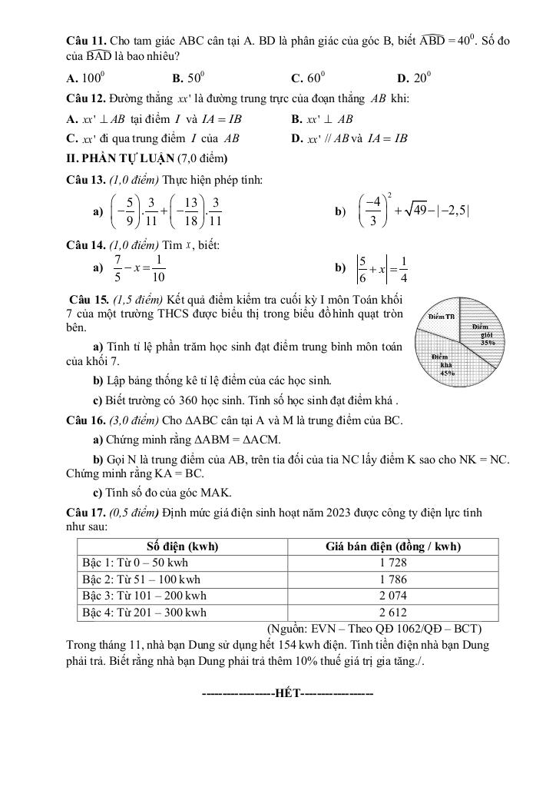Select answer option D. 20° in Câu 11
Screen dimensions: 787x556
[x=415, y=78]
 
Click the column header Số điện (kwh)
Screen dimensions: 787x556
[x=182, y=546]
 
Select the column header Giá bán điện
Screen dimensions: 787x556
[x=392, y=546]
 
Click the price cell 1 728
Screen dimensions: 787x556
[x=392, y=563]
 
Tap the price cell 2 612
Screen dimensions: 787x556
[x=392, y=613]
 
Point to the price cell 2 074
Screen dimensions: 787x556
[x=392, y=596]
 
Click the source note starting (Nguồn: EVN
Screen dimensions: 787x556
[x=375, y=627]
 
